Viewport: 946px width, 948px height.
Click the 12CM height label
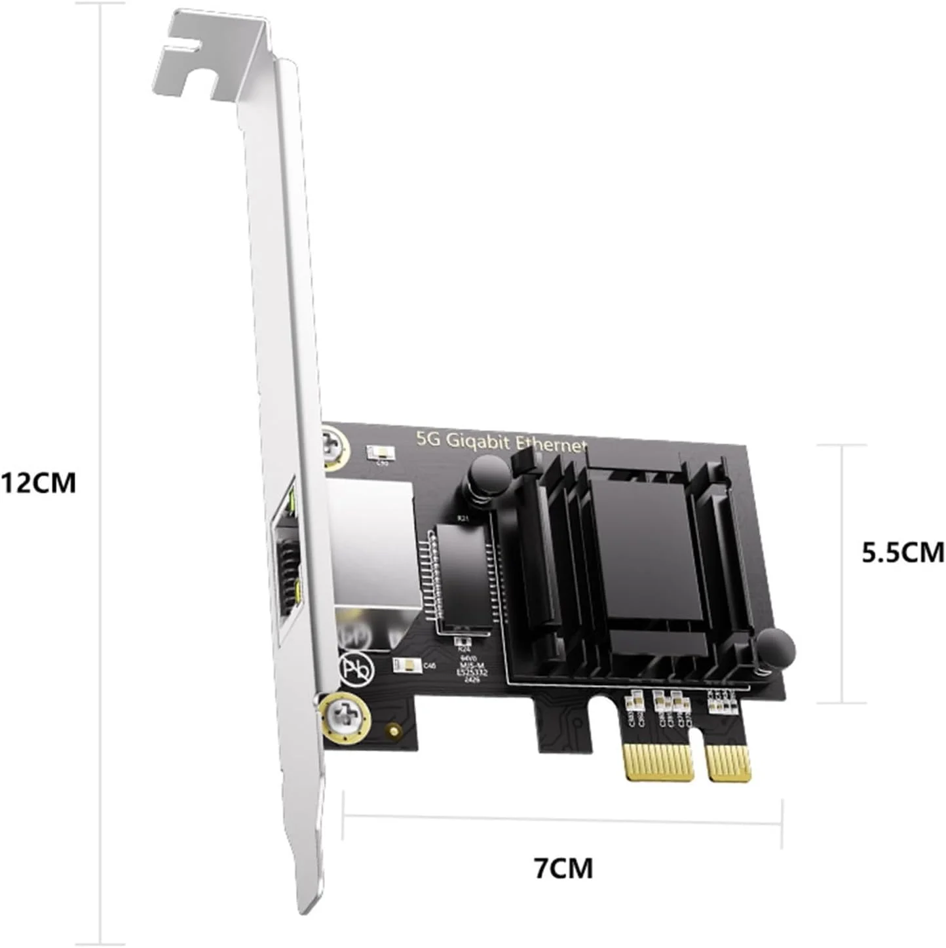click(38, 483)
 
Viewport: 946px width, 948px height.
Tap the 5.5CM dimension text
click(902, 552)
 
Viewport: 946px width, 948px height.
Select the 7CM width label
click(563, 867)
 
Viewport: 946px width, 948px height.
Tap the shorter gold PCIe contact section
click(728, 763)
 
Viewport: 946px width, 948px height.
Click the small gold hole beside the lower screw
click(393, 730)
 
